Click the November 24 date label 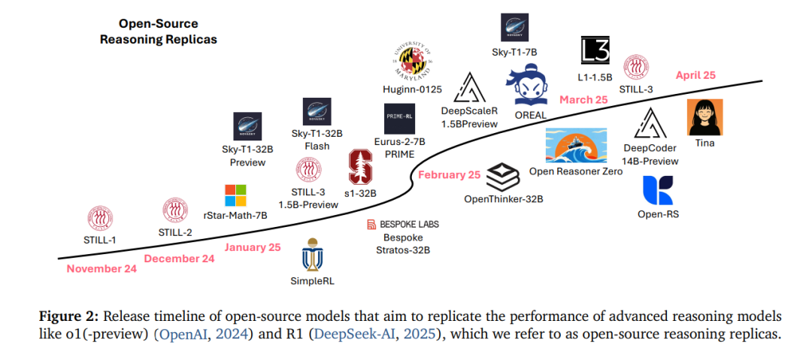tap(101, 269)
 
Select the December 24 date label tap(180, 259)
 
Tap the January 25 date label tap(253, 247)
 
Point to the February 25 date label tap(449, 175)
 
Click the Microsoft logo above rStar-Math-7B tap(235, 195)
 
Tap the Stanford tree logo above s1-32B tap(361, 166)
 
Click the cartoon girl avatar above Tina tap(705, 117)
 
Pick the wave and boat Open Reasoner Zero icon tap(576, 145)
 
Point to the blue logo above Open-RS tap(658, 190)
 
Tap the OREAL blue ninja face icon tap(530, 88)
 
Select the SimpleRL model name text tap(311, 281)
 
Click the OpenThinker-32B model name tap(503, 199)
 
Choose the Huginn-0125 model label tap(412, 90)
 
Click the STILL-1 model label tap(105, 241)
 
